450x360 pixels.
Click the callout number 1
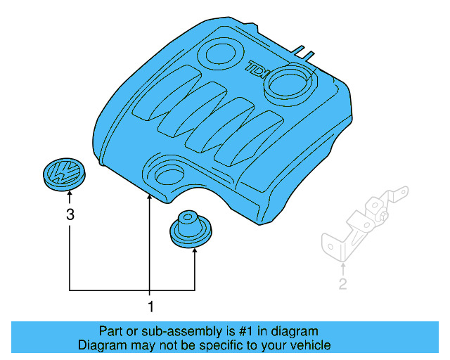[x=149, y=307]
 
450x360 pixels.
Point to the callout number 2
[x=342, y=285]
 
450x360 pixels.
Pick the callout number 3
[x=70, y=215]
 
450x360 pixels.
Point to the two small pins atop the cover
[x=302, y=51]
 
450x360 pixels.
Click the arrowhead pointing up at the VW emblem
[x=70, y=199]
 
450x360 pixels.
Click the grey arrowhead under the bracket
[x=342, y=266]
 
